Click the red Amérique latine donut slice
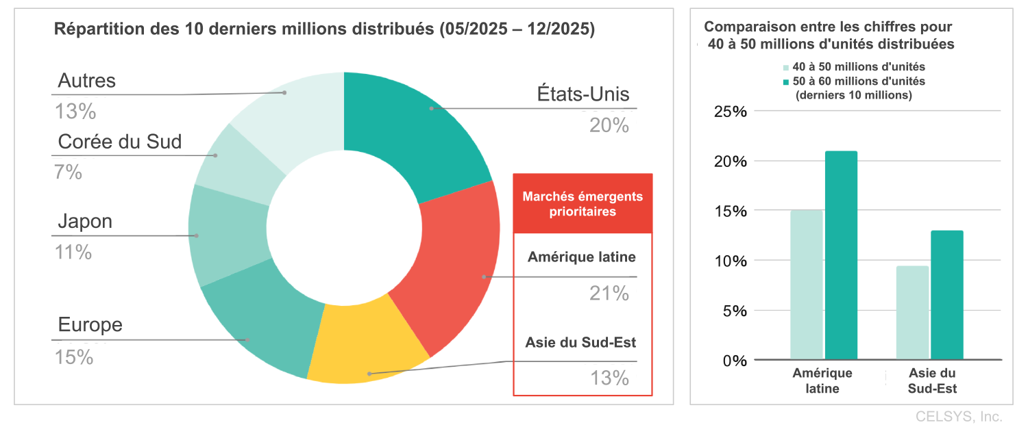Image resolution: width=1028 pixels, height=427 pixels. (456, 267)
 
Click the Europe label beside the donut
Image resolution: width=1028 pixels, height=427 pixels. (90, 324)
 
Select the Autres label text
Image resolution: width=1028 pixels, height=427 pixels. (87, 81)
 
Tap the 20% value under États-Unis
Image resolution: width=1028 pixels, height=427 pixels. (609, 125)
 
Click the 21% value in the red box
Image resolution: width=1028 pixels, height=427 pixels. (609, 294)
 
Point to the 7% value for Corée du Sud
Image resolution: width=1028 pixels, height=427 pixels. (69, 172)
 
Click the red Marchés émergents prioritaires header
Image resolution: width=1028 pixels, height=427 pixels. (583, 204)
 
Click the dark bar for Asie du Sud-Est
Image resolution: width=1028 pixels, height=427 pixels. (947, 295)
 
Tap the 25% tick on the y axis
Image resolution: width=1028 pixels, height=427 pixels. (731, 112)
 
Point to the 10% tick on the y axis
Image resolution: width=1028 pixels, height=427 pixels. (731, 261)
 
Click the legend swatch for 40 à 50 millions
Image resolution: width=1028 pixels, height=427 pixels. (786, 68)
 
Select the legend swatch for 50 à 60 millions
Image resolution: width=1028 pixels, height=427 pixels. (786, 81)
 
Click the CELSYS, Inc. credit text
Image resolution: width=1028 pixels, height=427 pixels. (959, 416)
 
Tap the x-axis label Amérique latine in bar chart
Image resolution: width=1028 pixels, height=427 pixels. (822, 381)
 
